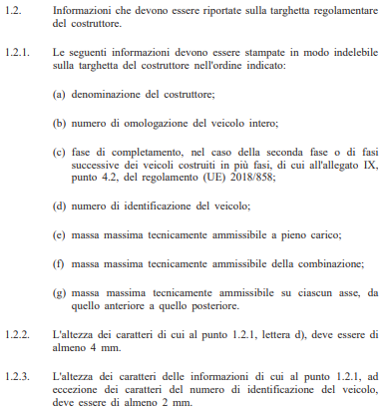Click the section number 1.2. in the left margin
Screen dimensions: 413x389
(17, 11)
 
